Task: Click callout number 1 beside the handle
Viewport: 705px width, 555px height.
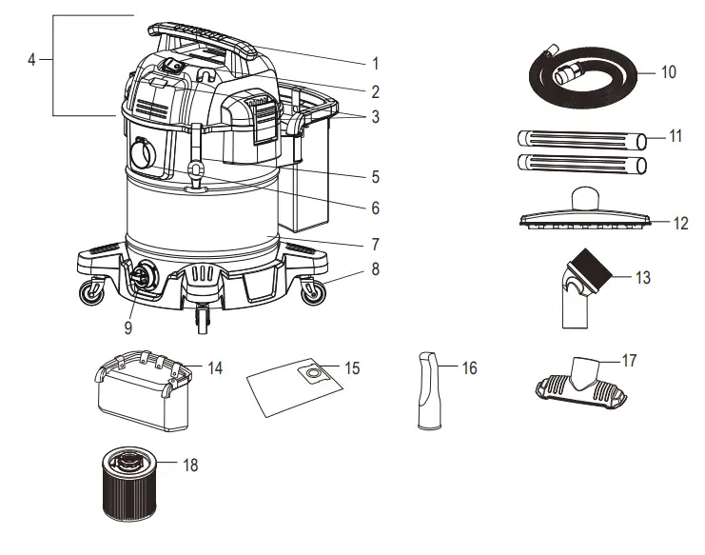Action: coord(375,64)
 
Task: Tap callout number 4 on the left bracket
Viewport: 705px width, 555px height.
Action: coord(32,59)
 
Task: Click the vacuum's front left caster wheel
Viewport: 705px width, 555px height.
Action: coord(91,295)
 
